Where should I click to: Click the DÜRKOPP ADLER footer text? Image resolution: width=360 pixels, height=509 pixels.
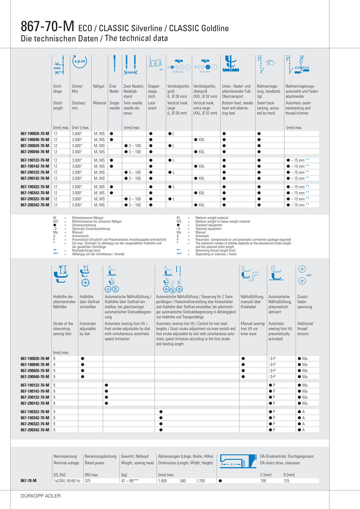pos(41,496)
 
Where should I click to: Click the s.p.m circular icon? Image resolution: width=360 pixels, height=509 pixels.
pos(80,61)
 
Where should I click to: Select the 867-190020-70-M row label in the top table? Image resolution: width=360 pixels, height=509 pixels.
pos(35,134)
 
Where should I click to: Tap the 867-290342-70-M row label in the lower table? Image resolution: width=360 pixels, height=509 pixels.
pos(35,430)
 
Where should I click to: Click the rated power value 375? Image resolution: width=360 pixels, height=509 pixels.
pos(88,481)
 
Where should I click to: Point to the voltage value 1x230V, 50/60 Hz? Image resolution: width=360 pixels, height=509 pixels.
pos(67,481)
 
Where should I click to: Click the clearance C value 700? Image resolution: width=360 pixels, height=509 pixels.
pos(263,481)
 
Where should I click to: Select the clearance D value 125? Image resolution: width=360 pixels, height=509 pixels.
pos(286,481)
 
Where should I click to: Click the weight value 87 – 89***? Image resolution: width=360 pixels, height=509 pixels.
pos(130,481)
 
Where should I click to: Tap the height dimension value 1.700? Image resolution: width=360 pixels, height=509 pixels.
pos(201,481)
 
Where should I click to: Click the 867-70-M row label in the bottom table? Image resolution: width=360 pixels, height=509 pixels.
pos(28,481)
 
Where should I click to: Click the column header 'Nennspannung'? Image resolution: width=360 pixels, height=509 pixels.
pos(65,456)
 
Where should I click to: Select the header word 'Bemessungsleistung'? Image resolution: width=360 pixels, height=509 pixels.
pos(100,456)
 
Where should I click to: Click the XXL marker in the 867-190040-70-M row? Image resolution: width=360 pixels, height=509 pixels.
pos(201,140)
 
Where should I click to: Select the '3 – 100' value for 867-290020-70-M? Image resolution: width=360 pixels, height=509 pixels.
pos(135,146)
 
